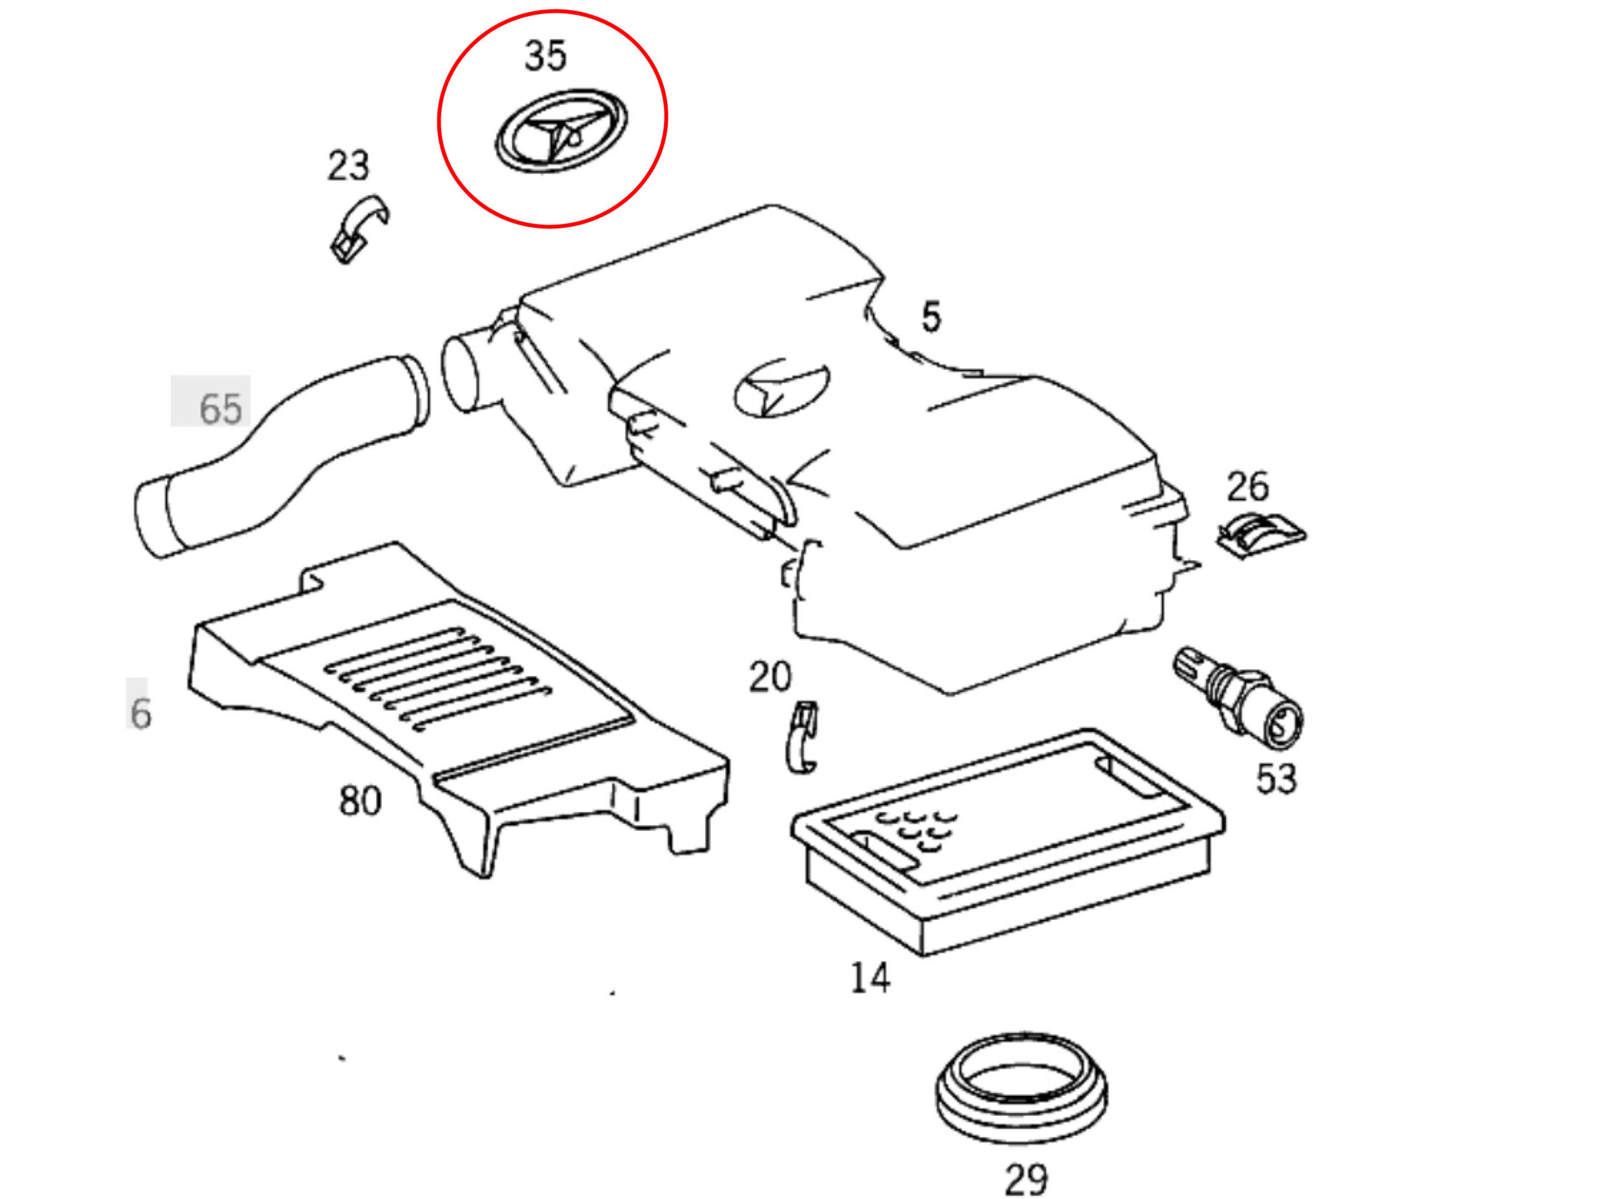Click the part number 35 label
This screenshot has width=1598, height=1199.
546,56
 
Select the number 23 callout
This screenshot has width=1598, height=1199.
348,165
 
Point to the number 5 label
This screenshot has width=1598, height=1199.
931,317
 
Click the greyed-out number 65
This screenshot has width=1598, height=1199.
220,409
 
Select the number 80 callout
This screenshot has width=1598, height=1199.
360,801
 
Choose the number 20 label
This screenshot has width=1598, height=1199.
770,677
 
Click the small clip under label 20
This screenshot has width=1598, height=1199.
802,737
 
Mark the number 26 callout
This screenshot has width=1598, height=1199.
1247,487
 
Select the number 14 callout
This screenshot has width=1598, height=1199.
870,979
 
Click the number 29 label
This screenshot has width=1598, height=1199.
1026,1180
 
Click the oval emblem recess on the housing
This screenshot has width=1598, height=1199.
782,390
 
